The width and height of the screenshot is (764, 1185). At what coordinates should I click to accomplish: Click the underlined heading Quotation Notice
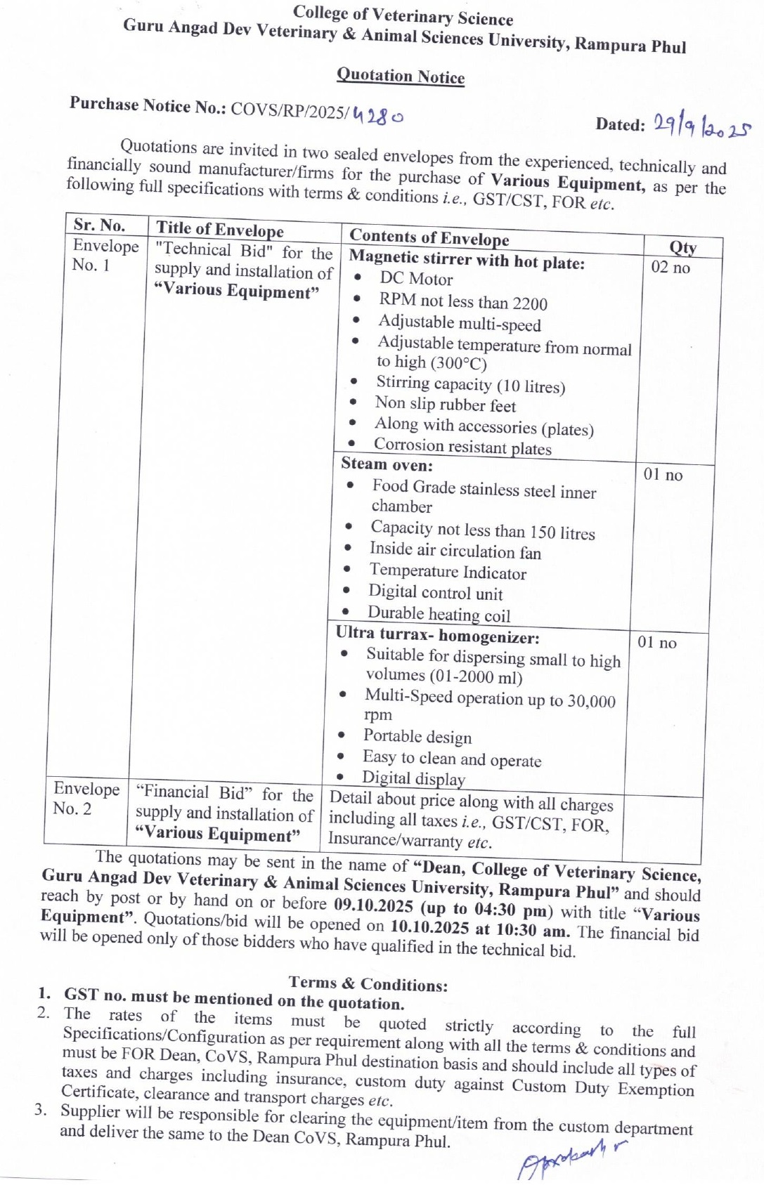(x=401, y=76)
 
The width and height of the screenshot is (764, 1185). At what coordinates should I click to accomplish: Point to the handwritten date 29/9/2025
(x=701, y=127)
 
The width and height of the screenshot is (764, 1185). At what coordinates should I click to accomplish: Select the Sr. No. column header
(x=99, y=225)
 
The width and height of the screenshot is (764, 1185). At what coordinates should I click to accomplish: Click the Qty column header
(x=682, y=247)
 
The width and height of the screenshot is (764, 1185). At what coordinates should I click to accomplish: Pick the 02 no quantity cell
(x=671, y=268)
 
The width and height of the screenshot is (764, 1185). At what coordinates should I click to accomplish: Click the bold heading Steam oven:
(x=387, y=464)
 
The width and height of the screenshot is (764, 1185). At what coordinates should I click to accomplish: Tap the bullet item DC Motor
(x=416, y=279)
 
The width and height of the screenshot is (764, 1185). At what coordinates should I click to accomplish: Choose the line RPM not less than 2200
(x=463, y=302)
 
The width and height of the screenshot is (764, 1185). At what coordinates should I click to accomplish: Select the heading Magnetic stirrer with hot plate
(x=467, y=260)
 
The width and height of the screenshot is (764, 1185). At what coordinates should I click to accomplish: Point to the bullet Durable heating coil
(x=439, y=614)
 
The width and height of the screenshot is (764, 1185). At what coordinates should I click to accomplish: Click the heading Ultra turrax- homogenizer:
(x=437, y=635)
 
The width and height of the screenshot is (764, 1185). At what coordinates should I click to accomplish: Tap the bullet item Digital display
(x=413, y=778)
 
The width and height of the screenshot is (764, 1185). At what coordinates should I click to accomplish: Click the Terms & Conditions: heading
(x=368, y=983)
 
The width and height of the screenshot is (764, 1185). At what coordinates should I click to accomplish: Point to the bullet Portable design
(x=417, y=737)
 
